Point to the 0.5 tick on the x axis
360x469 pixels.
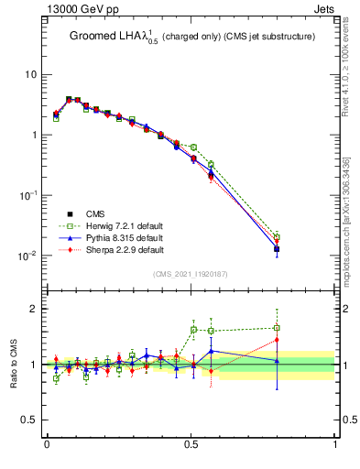(191, 444)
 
